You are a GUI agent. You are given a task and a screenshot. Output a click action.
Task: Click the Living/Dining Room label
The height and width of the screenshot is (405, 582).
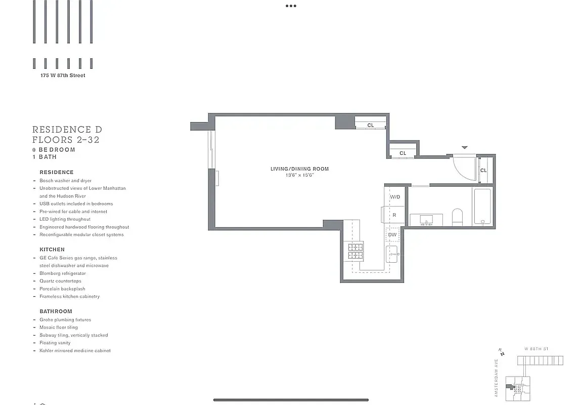[299, 169]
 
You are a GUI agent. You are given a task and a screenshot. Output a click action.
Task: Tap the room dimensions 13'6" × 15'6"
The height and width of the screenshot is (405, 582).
[299, 175]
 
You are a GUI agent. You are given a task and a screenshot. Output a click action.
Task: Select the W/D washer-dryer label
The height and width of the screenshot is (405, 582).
[395, 197]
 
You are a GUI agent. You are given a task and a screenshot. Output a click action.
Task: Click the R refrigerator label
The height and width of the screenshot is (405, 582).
[394, 215]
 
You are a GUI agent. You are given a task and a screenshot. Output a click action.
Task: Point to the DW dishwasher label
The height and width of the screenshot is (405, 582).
[392, 235]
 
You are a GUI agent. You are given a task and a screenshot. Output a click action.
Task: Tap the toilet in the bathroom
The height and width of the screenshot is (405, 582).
[457, 217]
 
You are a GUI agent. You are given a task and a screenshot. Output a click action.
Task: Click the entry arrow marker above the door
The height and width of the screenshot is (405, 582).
[465, 147]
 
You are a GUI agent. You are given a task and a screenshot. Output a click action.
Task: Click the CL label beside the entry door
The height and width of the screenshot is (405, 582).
[483, 171]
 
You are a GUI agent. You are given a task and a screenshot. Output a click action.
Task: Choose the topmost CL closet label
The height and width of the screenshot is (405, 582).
[371, 125]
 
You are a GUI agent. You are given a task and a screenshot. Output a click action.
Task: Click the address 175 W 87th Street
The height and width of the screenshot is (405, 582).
[63, 75]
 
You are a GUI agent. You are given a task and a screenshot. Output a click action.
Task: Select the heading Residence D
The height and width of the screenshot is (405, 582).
[67, 130]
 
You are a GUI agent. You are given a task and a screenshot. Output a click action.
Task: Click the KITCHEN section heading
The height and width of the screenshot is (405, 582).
[52, 250]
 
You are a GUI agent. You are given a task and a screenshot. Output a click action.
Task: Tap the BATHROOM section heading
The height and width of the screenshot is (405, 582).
[56, 311]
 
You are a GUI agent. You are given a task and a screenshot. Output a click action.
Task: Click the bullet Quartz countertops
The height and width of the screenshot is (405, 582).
[60, 281]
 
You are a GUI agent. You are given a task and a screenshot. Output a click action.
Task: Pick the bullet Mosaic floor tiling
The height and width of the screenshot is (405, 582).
[59, 328]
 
